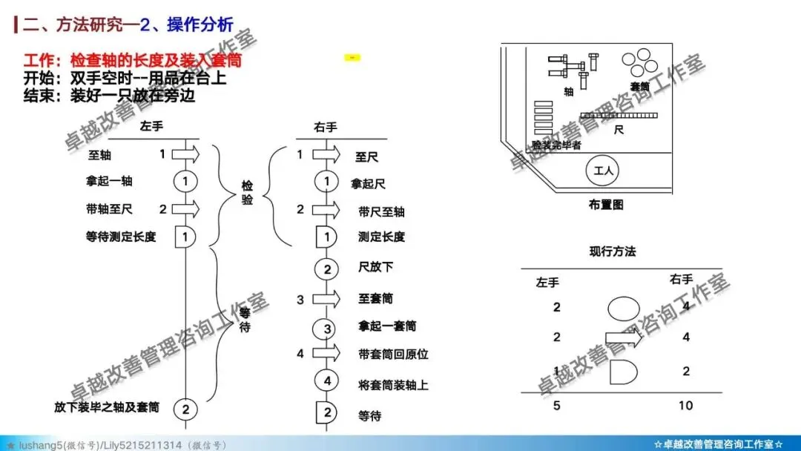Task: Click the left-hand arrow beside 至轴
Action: point(187,154)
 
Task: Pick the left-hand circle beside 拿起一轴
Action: point(185,181)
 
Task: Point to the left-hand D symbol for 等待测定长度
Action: point(185,237)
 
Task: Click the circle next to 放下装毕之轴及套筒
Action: point(186,408)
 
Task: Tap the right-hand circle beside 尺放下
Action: point(326,269)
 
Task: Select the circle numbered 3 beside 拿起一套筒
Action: point(326,326)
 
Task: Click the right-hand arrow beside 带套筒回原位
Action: point(326,353)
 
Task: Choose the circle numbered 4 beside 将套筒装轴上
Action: point(326,381)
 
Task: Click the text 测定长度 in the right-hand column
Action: point(381,237)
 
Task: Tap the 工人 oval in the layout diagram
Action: point(605,171)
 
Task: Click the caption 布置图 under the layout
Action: point(606,204)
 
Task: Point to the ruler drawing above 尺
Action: point(619,115)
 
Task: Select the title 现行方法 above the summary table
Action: point(613,251)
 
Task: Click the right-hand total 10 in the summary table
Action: point(685,406)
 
